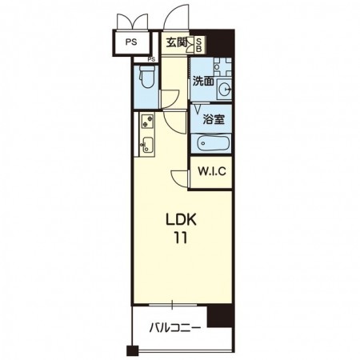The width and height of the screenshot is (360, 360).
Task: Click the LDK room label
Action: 181,219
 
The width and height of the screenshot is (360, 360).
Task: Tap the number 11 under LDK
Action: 181,238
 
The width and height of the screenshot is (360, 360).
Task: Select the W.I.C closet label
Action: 212,171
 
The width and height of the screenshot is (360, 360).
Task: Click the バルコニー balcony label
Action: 174,327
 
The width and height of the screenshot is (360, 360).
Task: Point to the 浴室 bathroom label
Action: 214,119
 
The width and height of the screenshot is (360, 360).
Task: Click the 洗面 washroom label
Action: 203,81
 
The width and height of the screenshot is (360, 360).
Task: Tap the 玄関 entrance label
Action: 177,42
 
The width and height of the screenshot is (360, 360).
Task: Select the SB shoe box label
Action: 199,44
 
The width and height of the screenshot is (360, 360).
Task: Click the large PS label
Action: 131,42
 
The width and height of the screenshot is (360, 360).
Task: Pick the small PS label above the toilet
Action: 151,59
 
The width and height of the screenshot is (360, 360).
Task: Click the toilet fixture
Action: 147,76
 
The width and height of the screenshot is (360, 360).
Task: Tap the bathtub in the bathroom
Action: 214,143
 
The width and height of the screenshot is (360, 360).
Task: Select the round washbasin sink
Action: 225,89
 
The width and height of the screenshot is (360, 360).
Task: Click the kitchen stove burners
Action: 147,121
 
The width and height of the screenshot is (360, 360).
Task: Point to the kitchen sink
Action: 147,145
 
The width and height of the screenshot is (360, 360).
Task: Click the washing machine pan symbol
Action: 222,67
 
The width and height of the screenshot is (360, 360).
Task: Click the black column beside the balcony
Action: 221,316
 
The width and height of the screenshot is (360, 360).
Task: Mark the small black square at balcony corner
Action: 132,350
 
